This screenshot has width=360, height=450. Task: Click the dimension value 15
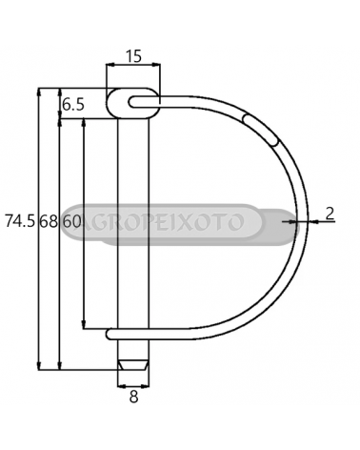click(x=133, y=56)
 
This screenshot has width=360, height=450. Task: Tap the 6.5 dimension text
click(x=73, y=105)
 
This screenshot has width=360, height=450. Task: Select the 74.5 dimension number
click(x=19, y=221)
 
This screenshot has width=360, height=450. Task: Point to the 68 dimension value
click(x=49, y=221)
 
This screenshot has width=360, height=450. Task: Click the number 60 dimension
click(x=71, y=221)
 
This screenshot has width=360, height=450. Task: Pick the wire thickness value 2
click(x=330, y=214)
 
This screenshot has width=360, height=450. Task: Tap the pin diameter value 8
click(x=134, y=397)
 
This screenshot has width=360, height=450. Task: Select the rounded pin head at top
click(x=133, y=104)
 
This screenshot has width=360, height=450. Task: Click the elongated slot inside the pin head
click(x=144, y=102)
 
